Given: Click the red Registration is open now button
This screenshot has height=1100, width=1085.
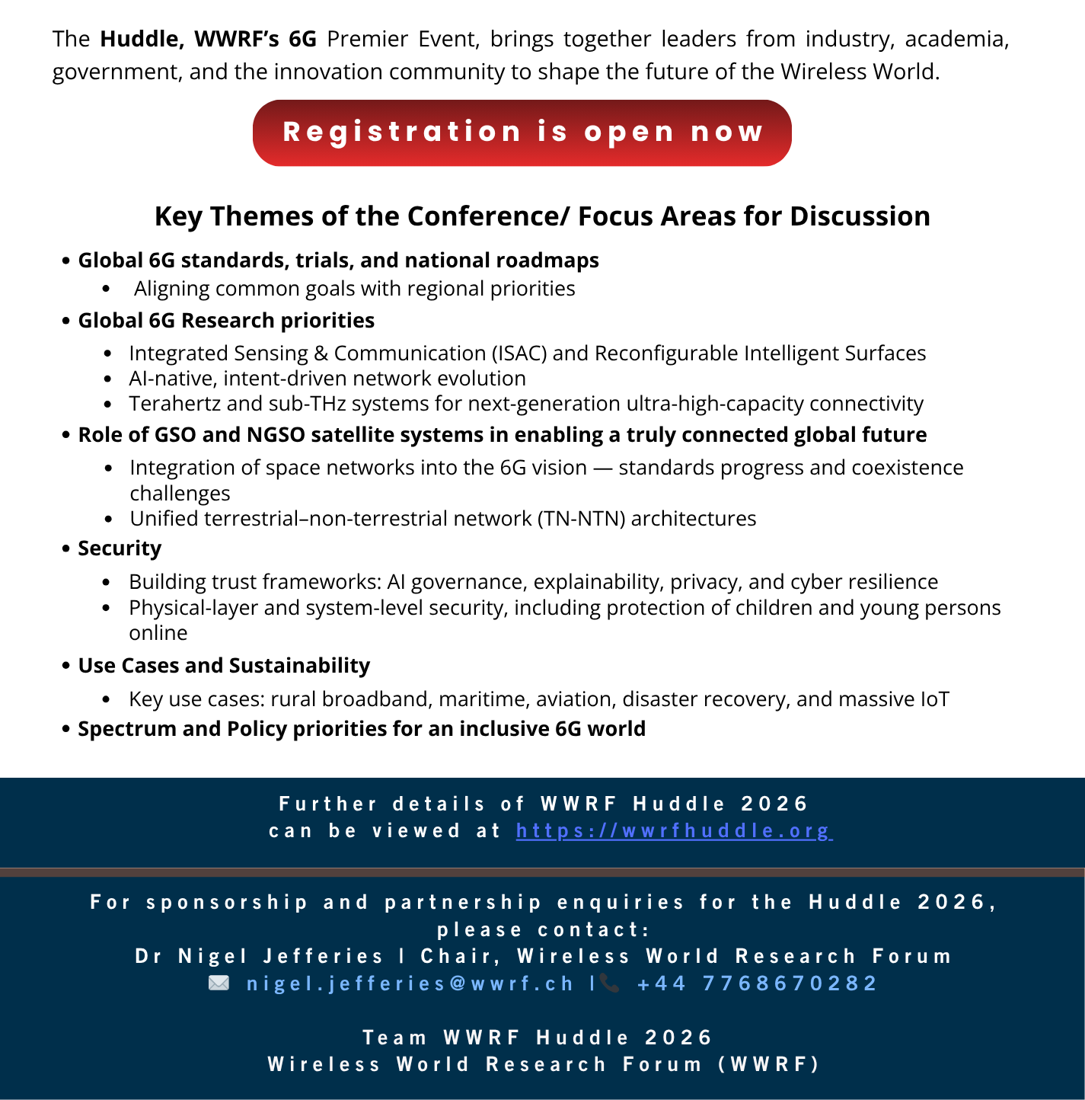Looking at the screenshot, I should (x=522, y=133).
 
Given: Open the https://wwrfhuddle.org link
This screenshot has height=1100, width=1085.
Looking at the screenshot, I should (x=674, y=830).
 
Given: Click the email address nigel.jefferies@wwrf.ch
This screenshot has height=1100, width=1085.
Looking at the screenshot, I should (x=410, y=983).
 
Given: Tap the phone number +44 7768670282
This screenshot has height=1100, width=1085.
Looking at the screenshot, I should (x=758, y=983).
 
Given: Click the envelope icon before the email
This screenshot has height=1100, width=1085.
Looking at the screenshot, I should (x=219, y=983).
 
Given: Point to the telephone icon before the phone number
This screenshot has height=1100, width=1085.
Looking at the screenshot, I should (x=609, y=983).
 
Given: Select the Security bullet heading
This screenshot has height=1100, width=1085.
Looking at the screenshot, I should (x=120, y=548).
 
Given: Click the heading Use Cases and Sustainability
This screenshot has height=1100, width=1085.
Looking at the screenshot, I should (x=224, y=666).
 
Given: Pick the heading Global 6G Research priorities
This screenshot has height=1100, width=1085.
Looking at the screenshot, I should (x=226, y=321).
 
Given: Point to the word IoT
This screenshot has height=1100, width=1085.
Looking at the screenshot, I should (x=932, y=699).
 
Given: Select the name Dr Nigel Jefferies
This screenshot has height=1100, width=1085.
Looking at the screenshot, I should (x=259, y=957).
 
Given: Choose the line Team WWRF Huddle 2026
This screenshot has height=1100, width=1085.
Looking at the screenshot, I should (x=538, y=1038).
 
